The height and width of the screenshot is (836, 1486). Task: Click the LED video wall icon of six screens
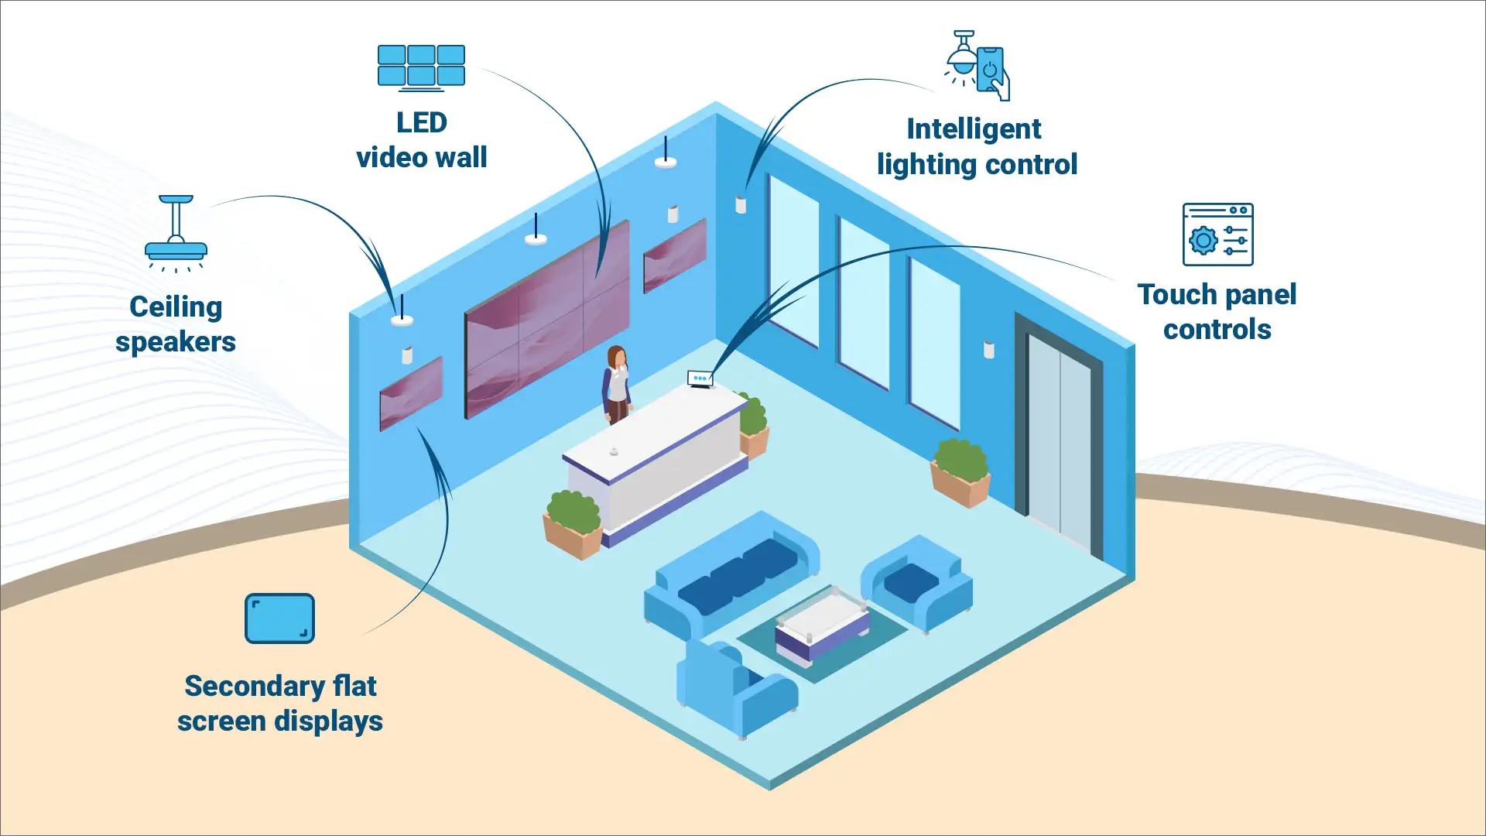(x=421, y=67)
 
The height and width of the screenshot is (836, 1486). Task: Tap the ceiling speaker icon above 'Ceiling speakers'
(x=176, y=232)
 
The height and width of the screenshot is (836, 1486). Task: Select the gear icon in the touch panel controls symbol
(x=1203, y=241)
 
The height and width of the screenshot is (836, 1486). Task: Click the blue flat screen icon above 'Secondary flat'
(x=279, y=618)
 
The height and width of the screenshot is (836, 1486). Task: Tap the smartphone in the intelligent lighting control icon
(x=991, y=70)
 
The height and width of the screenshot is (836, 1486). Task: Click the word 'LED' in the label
(x=422, y=122)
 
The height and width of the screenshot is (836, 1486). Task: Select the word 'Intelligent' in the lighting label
(x=974, y=128)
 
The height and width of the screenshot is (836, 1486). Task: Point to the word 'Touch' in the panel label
(x=1177, y=294)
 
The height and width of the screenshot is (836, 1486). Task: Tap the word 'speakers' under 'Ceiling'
(x=176, y=341)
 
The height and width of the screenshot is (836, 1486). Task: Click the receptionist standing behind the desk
(x=617, y=384)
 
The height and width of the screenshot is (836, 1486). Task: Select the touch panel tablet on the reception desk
(x=700, y=379)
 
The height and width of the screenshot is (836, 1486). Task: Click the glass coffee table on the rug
(x=822, y=624)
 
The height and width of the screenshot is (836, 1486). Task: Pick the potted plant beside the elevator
(x=960, y=471)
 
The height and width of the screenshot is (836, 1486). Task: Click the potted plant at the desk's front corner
(x=574, y=523)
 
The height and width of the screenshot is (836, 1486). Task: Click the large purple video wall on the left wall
(x=546, y=319)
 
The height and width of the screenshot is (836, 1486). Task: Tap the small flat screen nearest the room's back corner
(x=674, y=255)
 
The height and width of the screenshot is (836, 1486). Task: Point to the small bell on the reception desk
(x=614, y=451)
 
